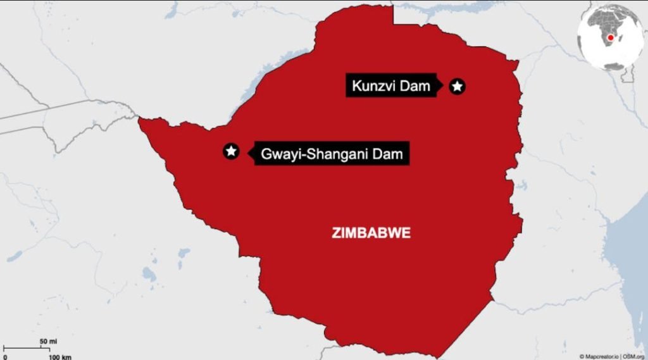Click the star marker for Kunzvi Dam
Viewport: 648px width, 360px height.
point(457,86)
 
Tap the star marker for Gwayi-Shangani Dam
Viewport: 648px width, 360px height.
point(232,151)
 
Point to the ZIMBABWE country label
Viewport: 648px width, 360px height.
point(371,233)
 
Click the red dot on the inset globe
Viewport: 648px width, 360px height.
point(611,38)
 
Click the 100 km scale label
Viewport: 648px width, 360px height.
point(61,356)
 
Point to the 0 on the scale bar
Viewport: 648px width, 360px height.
point(5,356)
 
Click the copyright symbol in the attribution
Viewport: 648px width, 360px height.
point(582,356)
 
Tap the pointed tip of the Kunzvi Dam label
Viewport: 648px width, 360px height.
point(441,86)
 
